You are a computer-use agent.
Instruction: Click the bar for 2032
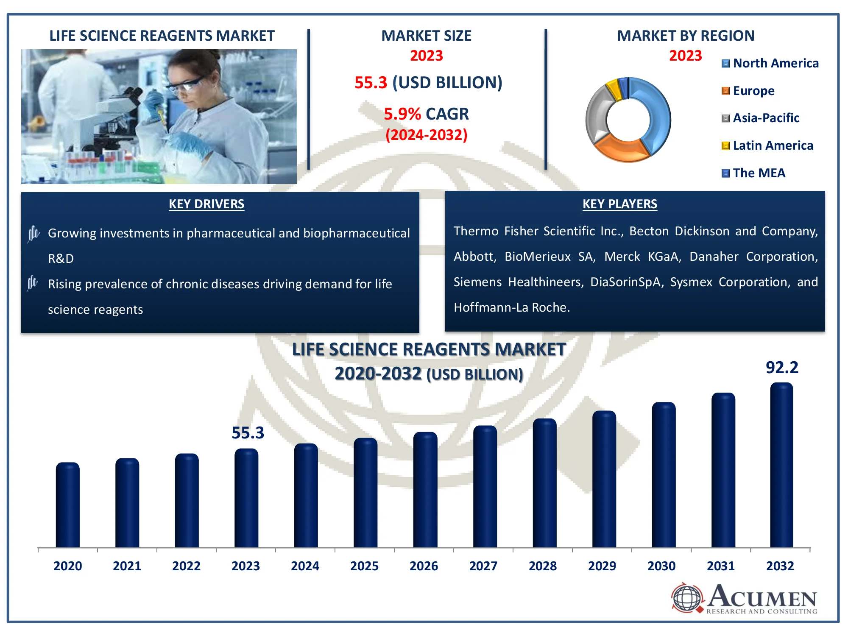(x=781, y=465)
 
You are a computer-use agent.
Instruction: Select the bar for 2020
(x=67, y=505)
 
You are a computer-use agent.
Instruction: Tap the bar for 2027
(x=485, y=487)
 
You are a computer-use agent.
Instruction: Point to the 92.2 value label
(x=782, y=368)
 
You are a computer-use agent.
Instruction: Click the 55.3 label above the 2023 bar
(x=248, y=433)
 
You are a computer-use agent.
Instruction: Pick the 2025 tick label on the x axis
(x=364, y=566)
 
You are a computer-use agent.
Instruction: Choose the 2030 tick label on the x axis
(x=661, y=566)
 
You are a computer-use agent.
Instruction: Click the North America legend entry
(x=770, y=64)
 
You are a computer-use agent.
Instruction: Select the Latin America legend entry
(x=767, y=146)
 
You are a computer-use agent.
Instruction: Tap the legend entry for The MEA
(x=753, y=173)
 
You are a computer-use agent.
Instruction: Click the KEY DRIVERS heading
(x=206, y=204)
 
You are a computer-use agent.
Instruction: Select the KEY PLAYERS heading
(x=620, y=204)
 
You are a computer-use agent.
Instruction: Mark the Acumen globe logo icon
(x=687, y=598)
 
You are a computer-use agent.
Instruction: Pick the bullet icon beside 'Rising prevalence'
(x=33, y=283)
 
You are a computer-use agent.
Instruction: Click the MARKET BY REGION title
(x=686, y=36)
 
